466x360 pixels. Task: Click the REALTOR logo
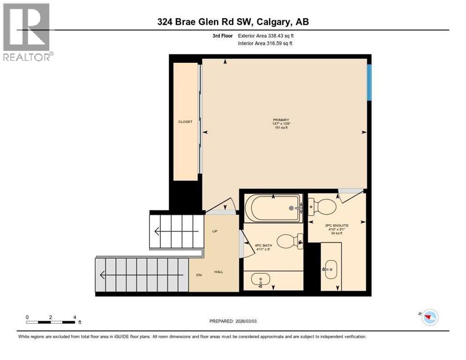pos(27,32)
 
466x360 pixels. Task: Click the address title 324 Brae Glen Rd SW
pos(233,22)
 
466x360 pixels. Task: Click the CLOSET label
pos(185,122)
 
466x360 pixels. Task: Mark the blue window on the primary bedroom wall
pos(369,82)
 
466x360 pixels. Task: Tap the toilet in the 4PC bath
pos(287,241)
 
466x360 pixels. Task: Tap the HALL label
pos(219,272)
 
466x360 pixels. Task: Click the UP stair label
pos(215,231)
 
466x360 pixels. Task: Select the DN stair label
pos(199,275)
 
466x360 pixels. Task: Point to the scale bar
pos(51,322)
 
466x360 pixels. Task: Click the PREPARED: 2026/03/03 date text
pos(233,321)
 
